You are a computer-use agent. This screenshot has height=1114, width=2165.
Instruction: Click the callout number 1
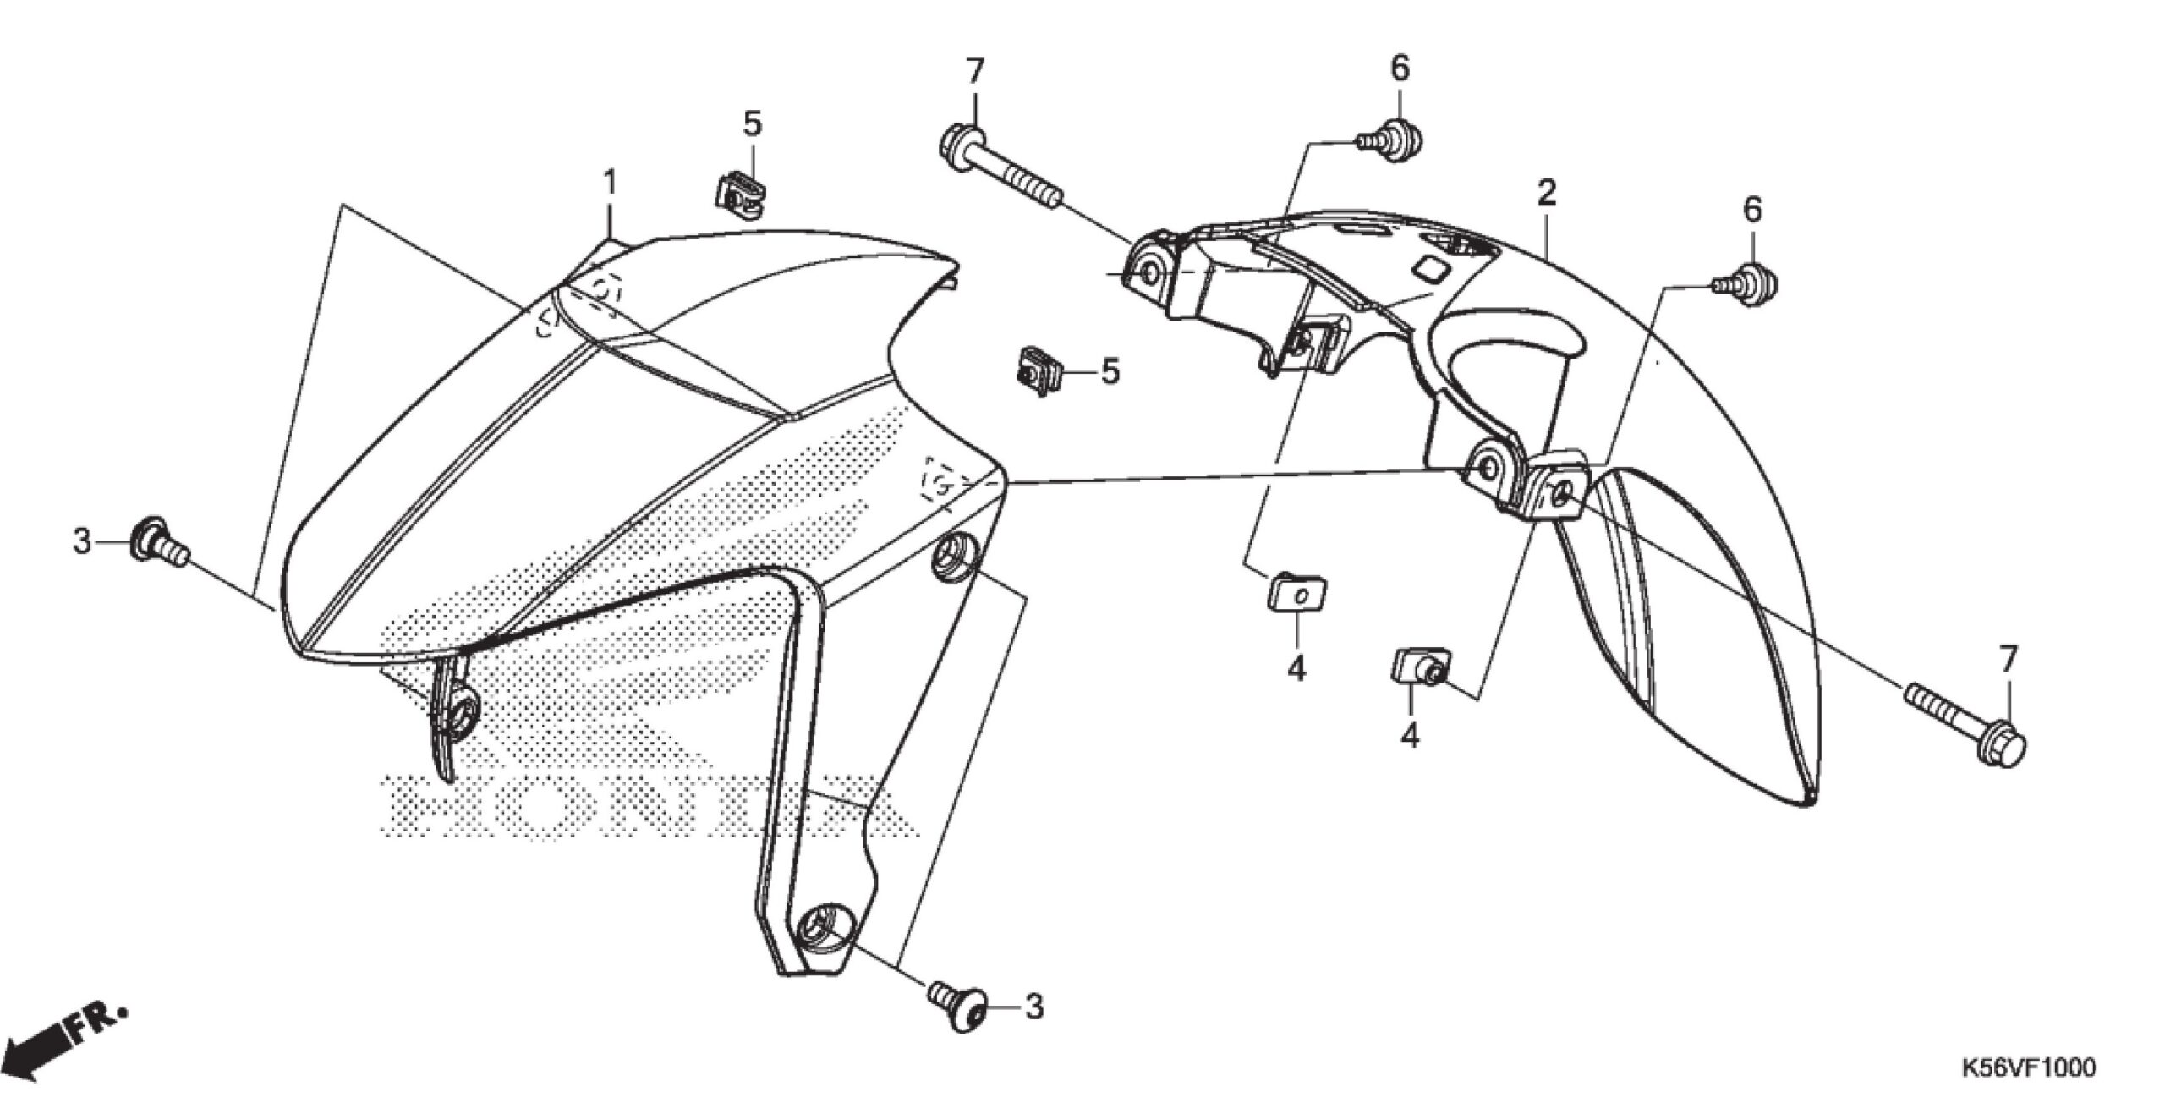[x=609, y=183]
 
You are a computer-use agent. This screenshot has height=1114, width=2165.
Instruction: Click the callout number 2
[x=1546, y=194]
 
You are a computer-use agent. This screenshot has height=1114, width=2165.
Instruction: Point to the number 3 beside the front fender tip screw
[x=82, y=540]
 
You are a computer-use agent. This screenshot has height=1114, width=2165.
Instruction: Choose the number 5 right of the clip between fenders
[x=1110, y=371]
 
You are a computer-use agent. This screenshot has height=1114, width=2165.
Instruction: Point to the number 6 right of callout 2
[x=1752, y=209]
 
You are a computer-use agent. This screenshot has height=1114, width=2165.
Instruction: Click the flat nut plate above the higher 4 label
[x=1297, y=592]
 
